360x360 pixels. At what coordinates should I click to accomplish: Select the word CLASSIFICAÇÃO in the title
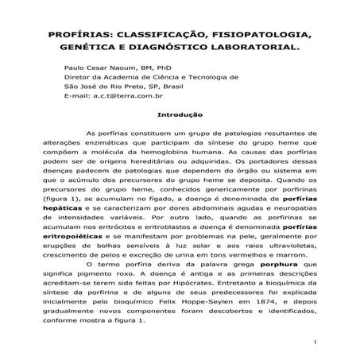click(161, 36)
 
